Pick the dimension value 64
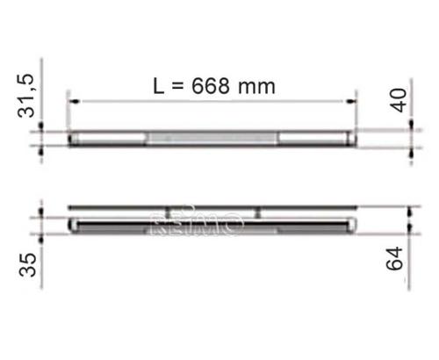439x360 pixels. click(x=400, y=260)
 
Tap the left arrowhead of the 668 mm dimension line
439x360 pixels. click(x=74, y=101)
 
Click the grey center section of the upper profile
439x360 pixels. click(x=213, y=138)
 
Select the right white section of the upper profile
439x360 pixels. click(x=316, y=138)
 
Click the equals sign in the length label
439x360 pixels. click(x=179, y=86)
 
